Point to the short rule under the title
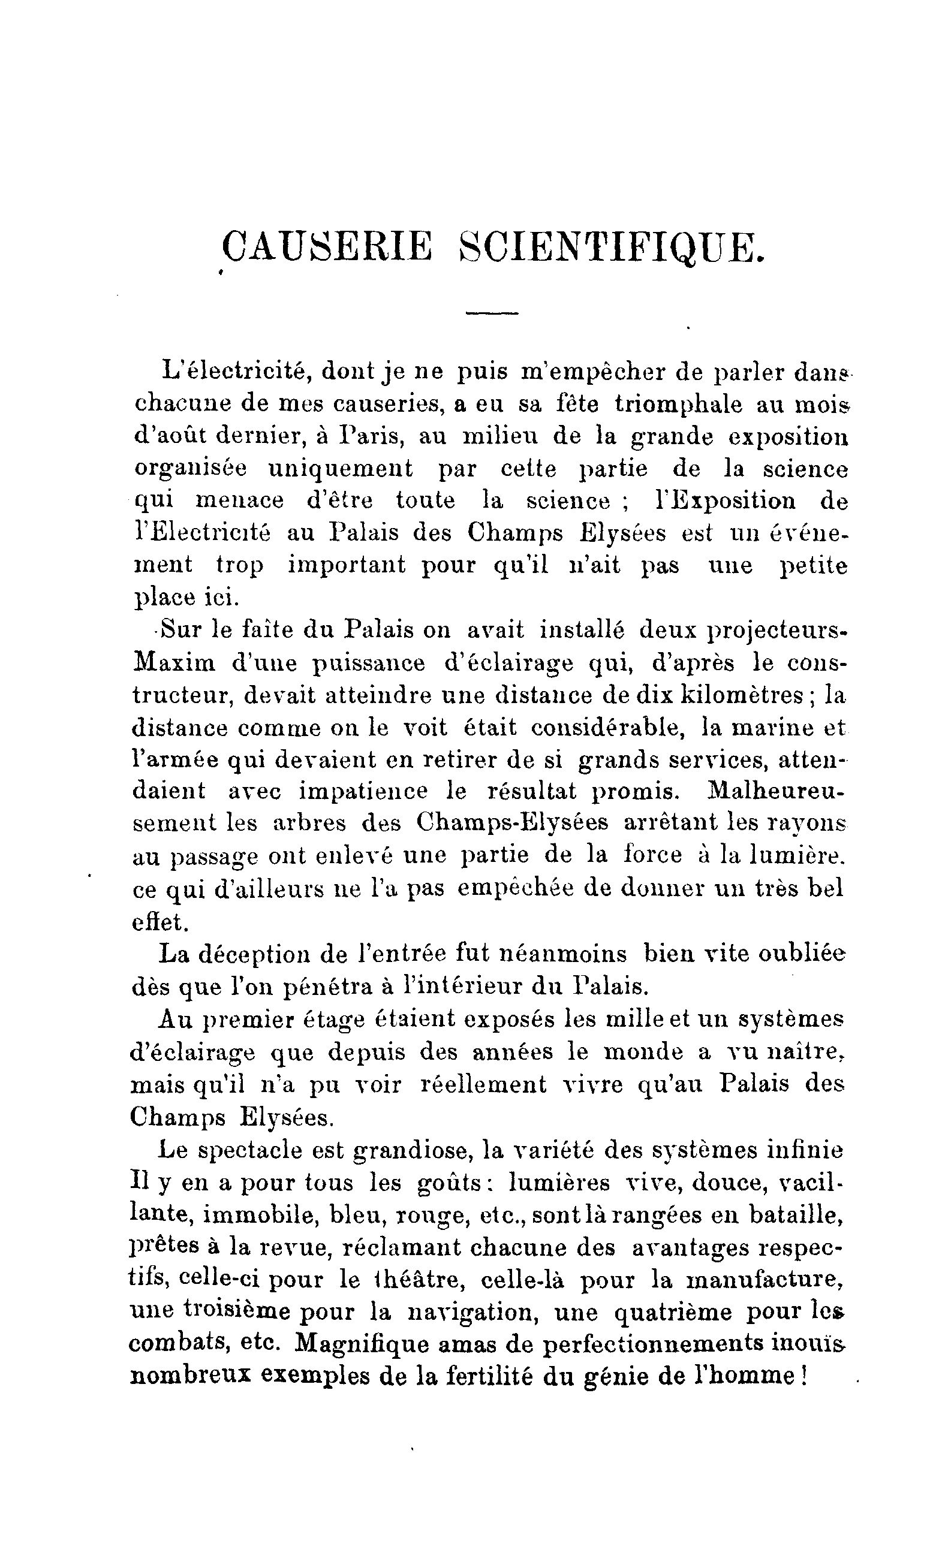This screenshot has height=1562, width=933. tap(492, 313)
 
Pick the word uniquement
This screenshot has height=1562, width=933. tap(340, 469)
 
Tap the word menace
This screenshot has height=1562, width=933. tap(239, 500)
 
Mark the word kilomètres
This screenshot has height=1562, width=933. tap(743, 695)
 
